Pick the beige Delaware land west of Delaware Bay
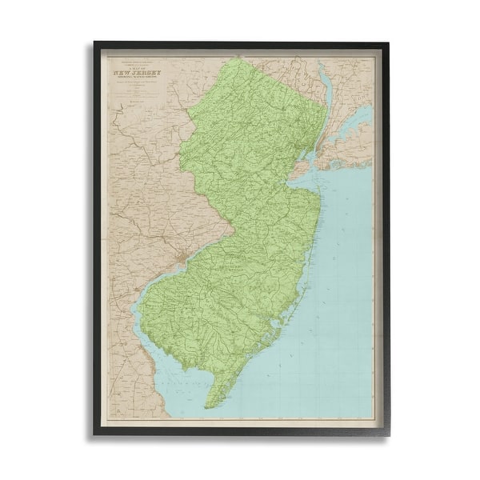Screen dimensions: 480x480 coord(128,376)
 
